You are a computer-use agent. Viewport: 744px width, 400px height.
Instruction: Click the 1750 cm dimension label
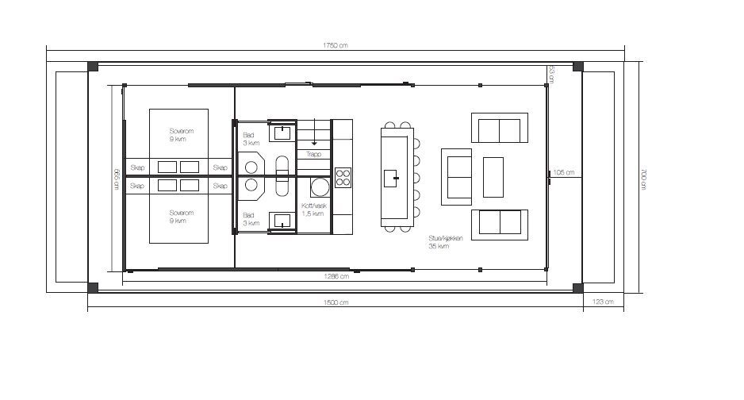pos(336,45)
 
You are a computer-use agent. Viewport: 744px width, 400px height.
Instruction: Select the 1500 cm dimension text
pos(336,302)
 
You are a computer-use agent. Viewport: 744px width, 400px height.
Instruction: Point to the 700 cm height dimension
pos(643,179)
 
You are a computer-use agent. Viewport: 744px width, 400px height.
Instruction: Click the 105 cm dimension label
pos(564,172)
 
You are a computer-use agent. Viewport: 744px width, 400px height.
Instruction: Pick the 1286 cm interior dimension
pos(336,277)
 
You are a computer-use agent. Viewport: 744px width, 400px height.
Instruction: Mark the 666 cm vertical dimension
pos(116,179)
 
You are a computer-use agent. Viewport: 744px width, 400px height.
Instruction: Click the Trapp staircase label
pos(313,155)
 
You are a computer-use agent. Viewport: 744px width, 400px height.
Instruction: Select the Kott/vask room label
pos(313,210)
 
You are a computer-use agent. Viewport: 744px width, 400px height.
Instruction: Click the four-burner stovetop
pos(343,177)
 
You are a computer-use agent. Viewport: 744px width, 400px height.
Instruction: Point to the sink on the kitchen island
pos(392,178)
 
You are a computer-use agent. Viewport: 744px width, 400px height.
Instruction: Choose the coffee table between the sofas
pos(493,177)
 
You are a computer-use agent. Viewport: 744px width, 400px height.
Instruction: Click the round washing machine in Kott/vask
pos(320,188)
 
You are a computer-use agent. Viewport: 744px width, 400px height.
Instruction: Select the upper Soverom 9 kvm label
pos(179,134)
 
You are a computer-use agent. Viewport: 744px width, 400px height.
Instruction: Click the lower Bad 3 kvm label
pos(250,218)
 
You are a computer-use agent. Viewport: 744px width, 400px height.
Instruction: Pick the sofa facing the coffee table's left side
pos(456,176)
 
